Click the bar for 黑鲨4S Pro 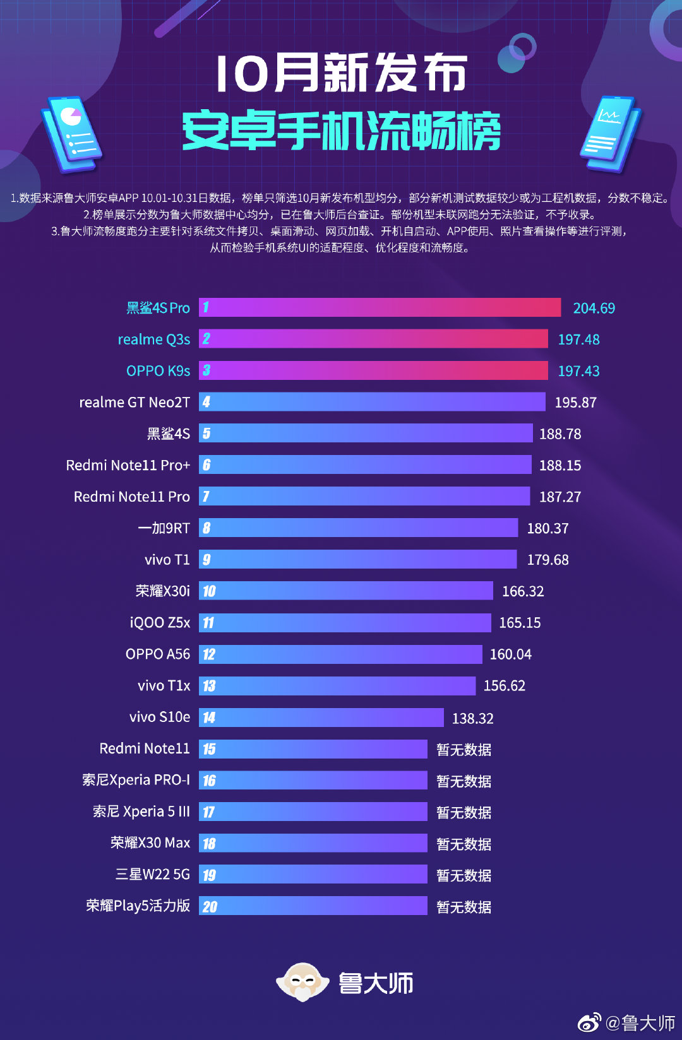(380, 307)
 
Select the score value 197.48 (578, 340)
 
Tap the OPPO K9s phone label (158, 370)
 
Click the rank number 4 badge (206, 402)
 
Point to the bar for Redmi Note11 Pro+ (365, 465)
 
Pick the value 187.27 (559, 497)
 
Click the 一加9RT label (164, 528)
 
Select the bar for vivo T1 (357, 559)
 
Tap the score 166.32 (522, 591)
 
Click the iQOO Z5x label (160, 623)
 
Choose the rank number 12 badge (208, 654)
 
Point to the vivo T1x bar (337, 685)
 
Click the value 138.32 (472, 718)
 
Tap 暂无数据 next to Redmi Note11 (464, 750)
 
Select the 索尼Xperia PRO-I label (136, 780)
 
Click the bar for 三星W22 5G (313, 875)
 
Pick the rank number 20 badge (209, 907)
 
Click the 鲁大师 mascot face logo (302, 981)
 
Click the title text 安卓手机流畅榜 (341, 131)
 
